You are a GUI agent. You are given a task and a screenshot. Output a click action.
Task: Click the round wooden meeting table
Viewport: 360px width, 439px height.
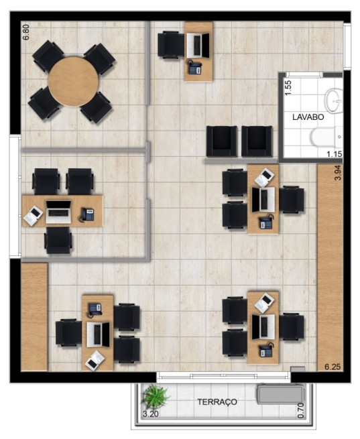[73, 82]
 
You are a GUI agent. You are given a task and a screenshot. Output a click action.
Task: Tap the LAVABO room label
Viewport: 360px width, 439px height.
[308, 117]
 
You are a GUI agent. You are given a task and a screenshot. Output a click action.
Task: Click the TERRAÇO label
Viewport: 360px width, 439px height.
[217, 402]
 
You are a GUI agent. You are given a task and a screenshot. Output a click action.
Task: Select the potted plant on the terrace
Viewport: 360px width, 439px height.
[155, 396]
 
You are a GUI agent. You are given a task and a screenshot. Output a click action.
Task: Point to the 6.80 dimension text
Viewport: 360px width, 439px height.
[25, 32]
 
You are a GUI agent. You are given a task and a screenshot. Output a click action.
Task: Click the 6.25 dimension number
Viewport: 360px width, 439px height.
[333, 367]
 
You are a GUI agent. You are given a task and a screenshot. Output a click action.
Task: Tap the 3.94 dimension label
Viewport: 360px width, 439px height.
[338, 172]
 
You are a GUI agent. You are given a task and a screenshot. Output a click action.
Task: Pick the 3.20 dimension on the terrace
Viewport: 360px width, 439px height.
[151, 414]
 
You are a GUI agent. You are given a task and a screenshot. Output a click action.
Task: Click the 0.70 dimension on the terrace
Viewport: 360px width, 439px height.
[300, 410]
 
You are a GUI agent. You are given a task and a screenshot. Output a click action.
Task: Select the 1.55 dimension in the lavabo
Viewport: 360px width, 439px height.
[288, 88]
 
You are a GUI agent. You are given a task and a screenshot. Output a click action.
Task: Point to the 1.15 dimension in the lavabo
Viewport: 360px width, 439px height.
[335, 153]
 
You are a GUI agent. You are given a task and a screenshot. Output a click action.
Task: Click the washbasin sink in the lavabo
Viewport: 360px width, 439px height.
[335, 101]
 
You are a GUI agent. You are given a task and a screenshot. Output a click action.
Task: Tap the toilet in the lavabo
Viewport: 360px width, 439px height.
[327, 136]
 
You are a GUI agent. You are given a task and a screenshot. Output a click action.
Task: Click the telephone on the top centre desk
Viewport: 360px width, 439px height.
[195, 68]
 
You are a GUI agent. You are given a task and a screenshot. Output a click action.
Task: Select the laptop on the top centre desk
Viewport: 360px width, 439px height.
[198, 45]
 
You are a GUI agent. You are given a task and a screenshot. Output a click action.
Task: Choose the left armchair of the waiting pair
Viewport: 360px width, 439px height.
[221, 141]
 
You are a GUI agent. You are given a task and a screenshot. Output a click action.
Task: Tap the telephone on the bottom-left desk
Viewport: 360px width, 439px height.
[95, 310]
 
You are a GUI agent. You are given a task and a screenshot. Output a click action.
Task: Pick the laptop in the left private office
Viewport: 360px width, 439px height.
[58, 212]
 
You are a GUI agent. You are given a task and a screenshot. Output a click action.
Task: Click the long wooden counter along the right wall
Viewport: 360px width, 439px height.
[330, 267]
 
